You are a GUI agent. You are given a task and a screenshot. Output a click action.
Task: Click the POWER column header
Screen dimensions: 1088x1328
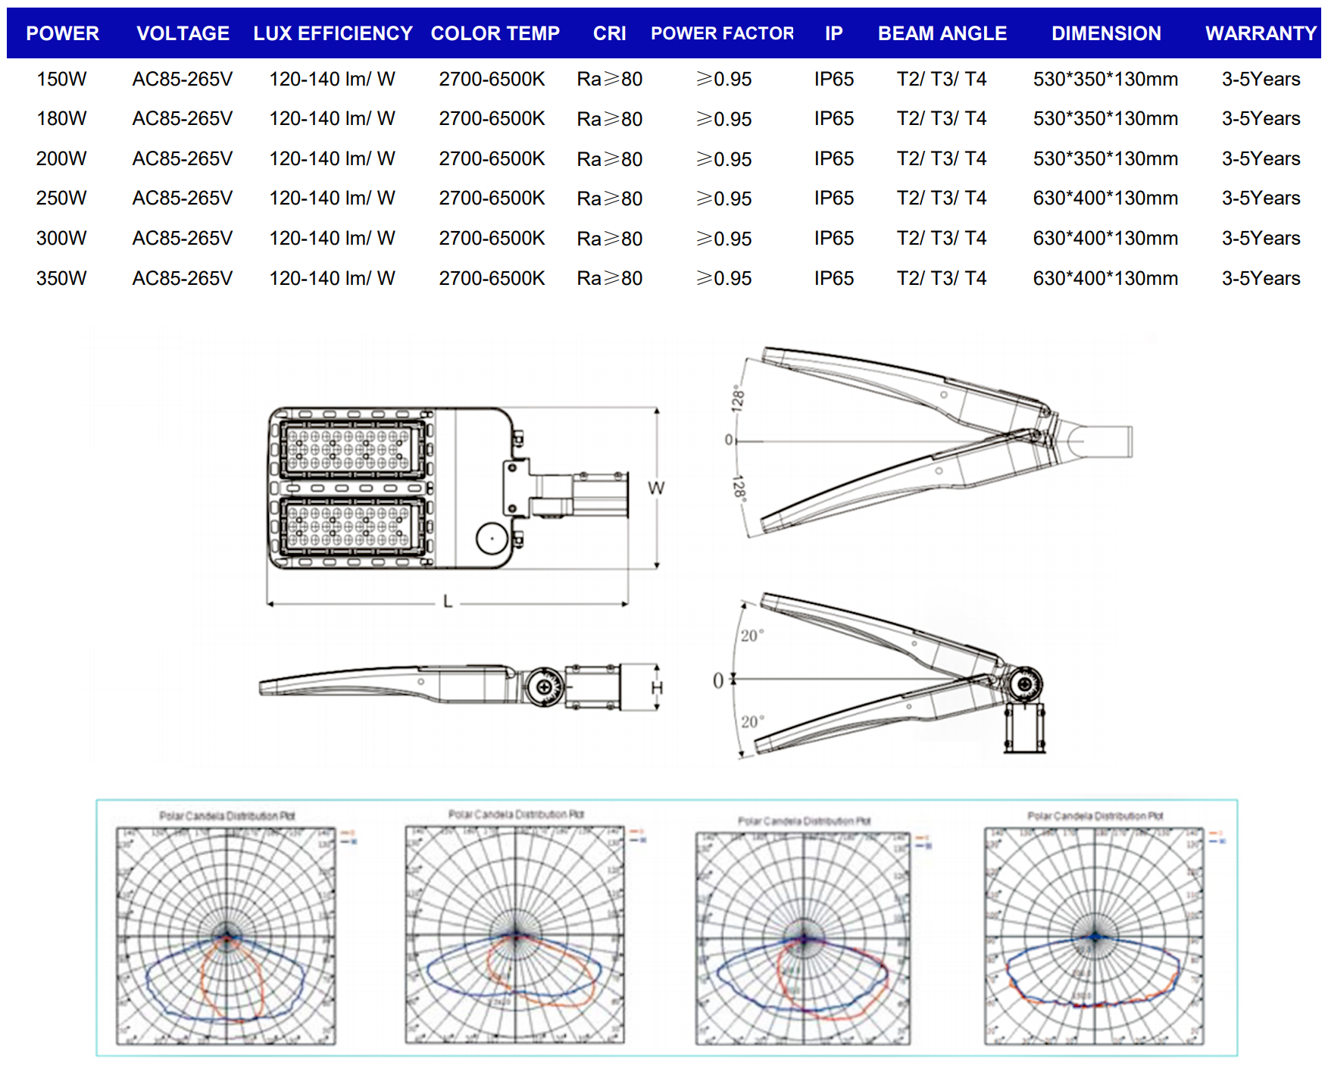(62, 33)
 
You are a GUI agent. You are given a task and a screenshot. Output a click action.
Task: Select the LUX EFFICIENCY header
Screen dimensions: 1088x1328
(333, 33)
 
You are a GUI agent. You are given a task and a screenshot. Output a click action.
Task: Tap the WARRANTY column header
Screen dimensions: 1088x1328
(1261, 33)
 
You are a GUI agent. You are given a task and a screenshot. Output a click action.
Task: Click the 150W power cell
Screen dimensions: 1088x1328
(61, 79)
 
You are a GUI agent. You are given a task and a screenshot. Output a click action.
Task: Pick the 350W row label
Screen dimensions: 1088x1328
(61, 278)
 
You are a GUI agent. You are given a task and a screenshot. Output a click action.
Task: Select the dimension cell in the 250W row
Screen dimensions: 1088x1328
(1105, 198)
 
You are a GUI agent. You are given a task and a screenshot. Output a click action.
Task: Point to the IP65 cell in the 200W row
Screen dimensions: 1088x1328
(833, 158)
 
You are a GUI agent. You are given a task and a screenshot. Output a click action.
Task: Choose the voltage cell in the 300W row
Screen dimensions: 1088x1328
(182, 238)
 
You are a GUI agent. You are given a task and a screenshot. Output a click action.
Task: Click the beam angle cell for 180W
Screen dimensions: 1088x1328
(941, 118)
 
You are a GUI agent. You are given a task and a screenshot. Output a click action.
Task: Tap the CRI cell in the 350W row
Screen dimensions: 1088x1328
(609, 278)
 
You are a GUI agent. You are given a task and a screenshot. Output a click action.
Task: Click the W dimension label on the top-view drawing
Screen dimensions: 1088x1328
(655, 488)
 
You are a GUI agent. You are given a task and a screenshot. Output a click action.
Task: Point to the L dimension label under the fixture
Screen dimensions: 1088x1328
(448, 602)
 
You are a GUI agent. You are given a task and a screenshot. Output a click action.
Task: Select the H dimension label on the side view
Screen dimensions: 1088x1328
(656, 688)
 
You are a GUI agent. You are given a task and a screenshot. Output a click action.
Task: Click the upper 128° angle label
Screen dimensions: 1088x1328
(737, 399)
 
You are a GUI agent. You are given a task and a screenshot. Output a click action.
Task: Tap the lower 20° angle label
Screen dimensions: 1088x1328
(751, 721)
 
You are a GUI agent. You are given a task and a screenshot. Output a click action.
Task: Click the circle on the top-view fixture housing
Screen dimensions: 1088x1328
(492, 539)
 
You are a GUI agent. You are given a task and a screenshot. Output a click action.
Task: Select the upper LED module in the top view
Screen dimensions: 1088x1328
(352, 448)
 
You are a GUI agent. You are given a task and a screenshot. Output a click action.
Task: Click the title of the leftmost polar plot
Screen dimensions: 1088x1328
(227, 816)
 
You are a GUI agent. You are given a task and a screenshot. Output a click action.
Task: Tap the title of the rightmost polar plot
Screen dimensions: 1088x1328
(1095, 816)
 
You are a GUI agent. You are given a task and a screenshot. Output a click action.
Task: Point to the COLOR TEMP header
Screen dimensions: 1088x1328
(495, 33)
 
